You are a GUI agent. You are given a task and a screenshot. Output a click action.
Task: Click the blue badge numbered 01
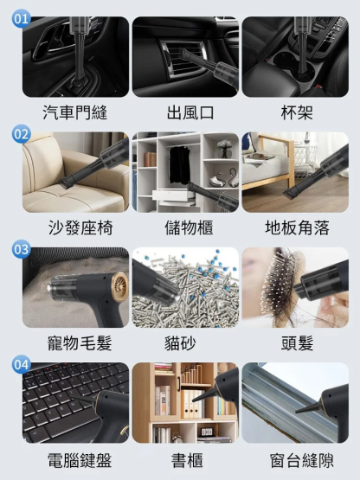coord(21,18)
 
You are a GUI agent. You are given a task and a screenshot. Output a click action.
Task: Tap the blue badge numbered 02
coord(21,134)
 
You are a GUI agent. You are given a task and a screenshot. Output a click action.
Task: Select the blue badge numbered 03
coord(21,249)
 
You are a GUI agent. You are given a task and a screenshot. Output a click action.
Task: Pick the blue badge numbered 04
coord(21,365)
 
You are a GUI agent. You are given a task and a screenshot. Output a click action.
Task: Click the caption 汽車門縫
coord(75,112)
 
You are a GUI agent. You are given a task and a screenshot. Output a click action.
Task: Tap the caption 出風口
coord(190,112)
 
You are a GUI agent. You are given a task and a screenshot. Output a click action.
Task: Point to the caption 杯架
coord(297,112)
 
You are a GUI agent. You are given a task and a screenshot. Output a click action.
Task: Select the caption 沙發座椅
coord(80,227)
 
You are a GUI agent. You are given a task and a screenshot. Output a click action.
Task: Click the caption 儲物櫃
coord(189,227)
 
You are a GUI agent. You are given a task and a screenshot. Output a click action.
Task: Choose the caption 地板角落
coord(297,227)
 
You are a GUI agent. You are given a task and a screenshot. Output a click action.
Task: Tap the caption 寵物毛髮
coord(80,342)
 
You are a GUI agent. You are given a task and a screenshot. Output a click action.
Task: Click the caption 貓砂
coord(180,342)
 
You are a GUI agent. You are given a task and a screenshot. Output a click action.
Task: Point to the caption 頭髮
coord(297,342)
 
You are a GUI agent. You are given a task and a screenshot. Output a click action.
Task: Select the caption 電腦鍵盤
coord(80,460)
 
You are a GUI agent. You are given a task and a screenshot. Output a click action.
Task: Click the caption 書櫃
coord(187,460)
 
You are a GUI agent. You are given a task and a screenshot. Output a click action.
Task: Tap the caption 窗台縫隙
coord(301,460)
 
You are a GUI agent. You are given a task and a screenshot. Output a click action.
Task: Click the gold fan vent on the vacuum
coord(119,286)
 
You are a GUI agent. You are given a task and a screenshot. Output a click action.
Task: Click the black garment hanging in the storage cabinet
coord(179,165)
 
